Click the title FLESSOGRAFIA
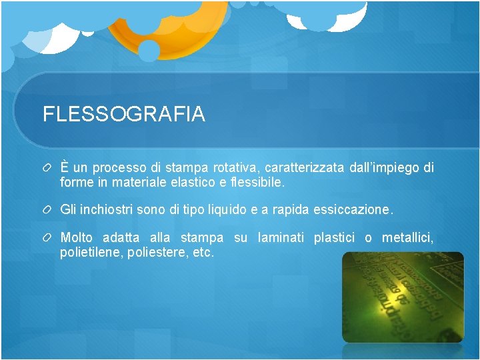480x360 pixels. point(124,115)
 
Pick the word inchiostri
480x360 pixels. point(110,209)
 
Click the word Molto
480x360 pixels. point(76,238)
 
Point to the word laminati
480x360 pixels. point(281,238)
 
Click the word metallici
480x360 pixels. point(407,238)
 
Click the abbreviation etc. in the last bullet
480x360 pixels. point(203,253)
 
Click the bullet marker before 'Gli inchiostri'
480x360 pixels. point(48,210)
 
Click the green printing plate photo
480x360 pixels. point(403,297)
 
